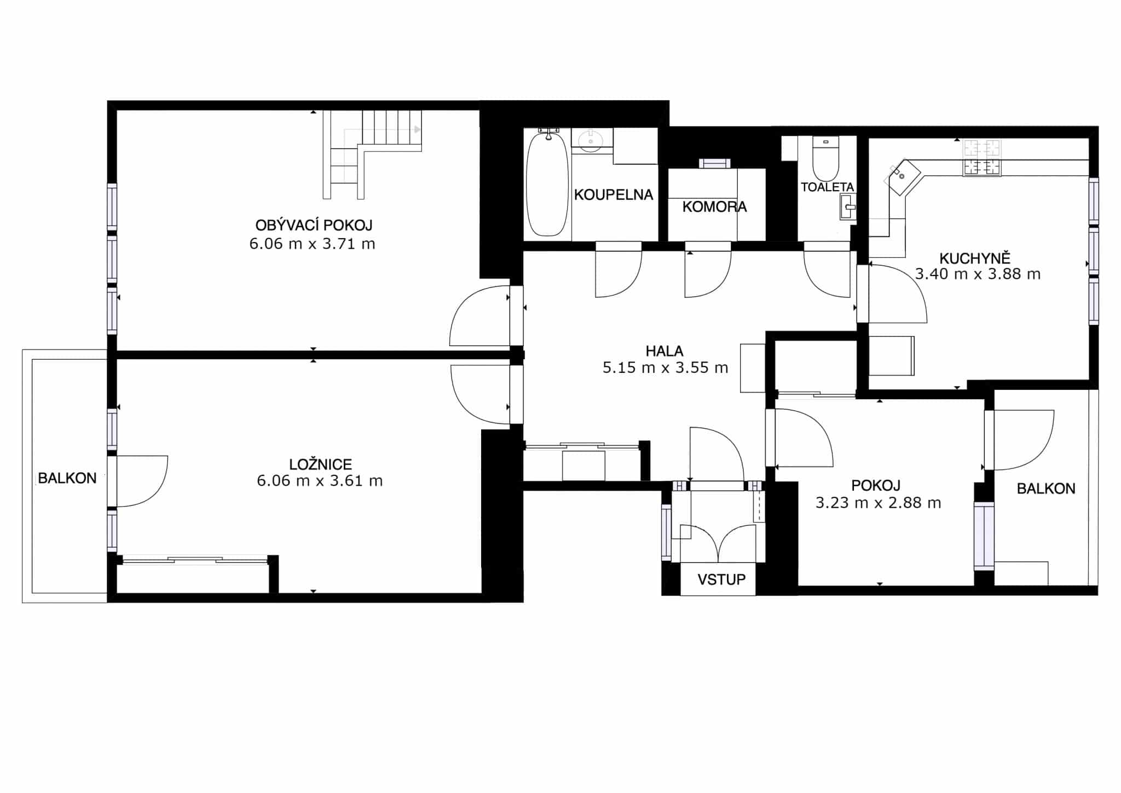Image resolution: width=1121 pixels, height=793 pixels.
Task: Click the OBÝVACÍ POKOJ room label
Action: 314,225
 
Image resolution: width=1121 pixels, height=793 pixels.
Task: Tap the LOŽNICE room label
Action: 320,464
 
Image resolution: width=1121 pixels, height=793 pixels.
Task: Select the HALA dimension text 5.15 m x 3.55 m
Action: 665,367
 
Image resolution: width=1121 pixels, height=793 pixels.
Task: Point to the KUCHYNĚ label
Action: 975,257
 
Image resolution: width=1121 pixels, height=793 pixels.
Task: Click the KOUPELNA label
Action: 613,194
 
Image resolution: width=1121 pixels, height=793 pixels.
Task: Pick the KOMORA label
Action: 714,206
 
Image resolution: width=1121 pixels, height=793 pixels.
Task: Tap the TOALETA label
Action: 827,187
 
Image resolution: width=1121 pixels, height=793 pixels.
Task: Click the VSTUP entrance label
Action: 721,579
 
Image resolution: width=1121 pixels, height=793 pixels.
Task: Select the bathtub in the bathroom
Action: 547,183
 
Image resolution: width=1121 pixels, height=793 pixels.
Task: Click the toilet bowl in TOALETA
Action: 825,159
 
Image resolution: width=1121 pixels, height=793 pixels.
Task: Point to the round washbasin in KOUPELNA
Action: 590,140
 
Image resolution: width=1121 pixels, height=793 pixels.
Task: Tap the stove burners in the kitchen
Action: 982,158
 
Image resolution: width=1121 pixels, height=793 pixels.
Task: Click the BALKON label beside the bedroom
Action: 67,478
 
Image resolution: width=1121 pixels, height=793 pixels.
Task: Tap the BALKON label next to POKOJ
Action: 1045,489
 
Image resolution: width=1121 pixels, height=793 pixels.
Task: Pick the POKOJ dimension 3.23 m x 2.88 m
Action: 878,503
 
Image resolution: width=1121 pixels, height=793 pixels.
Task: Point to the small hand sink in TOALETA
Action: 847,206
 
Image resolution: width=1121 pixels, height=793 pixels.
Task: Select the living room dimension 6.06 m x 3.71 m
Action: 312,244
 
